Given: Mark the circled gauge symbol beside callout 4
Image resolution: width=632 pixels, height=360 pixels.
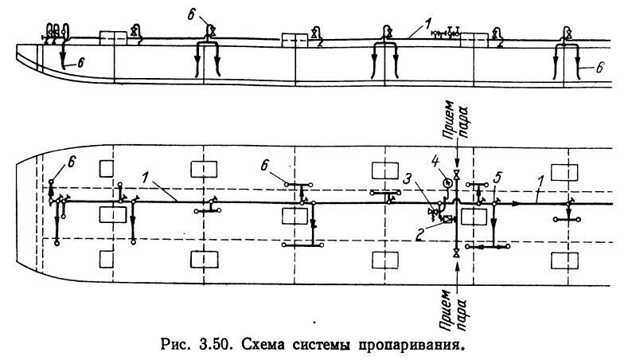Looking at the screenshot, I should pos(447,182).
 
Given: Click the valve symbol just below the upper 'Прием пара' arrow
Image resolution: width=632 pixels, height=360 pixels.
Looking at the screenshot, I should pos(455,173).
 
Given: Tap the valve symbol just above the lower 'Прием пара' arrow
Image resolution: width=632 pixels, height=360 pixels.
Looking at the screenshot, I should pos(454,253).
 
